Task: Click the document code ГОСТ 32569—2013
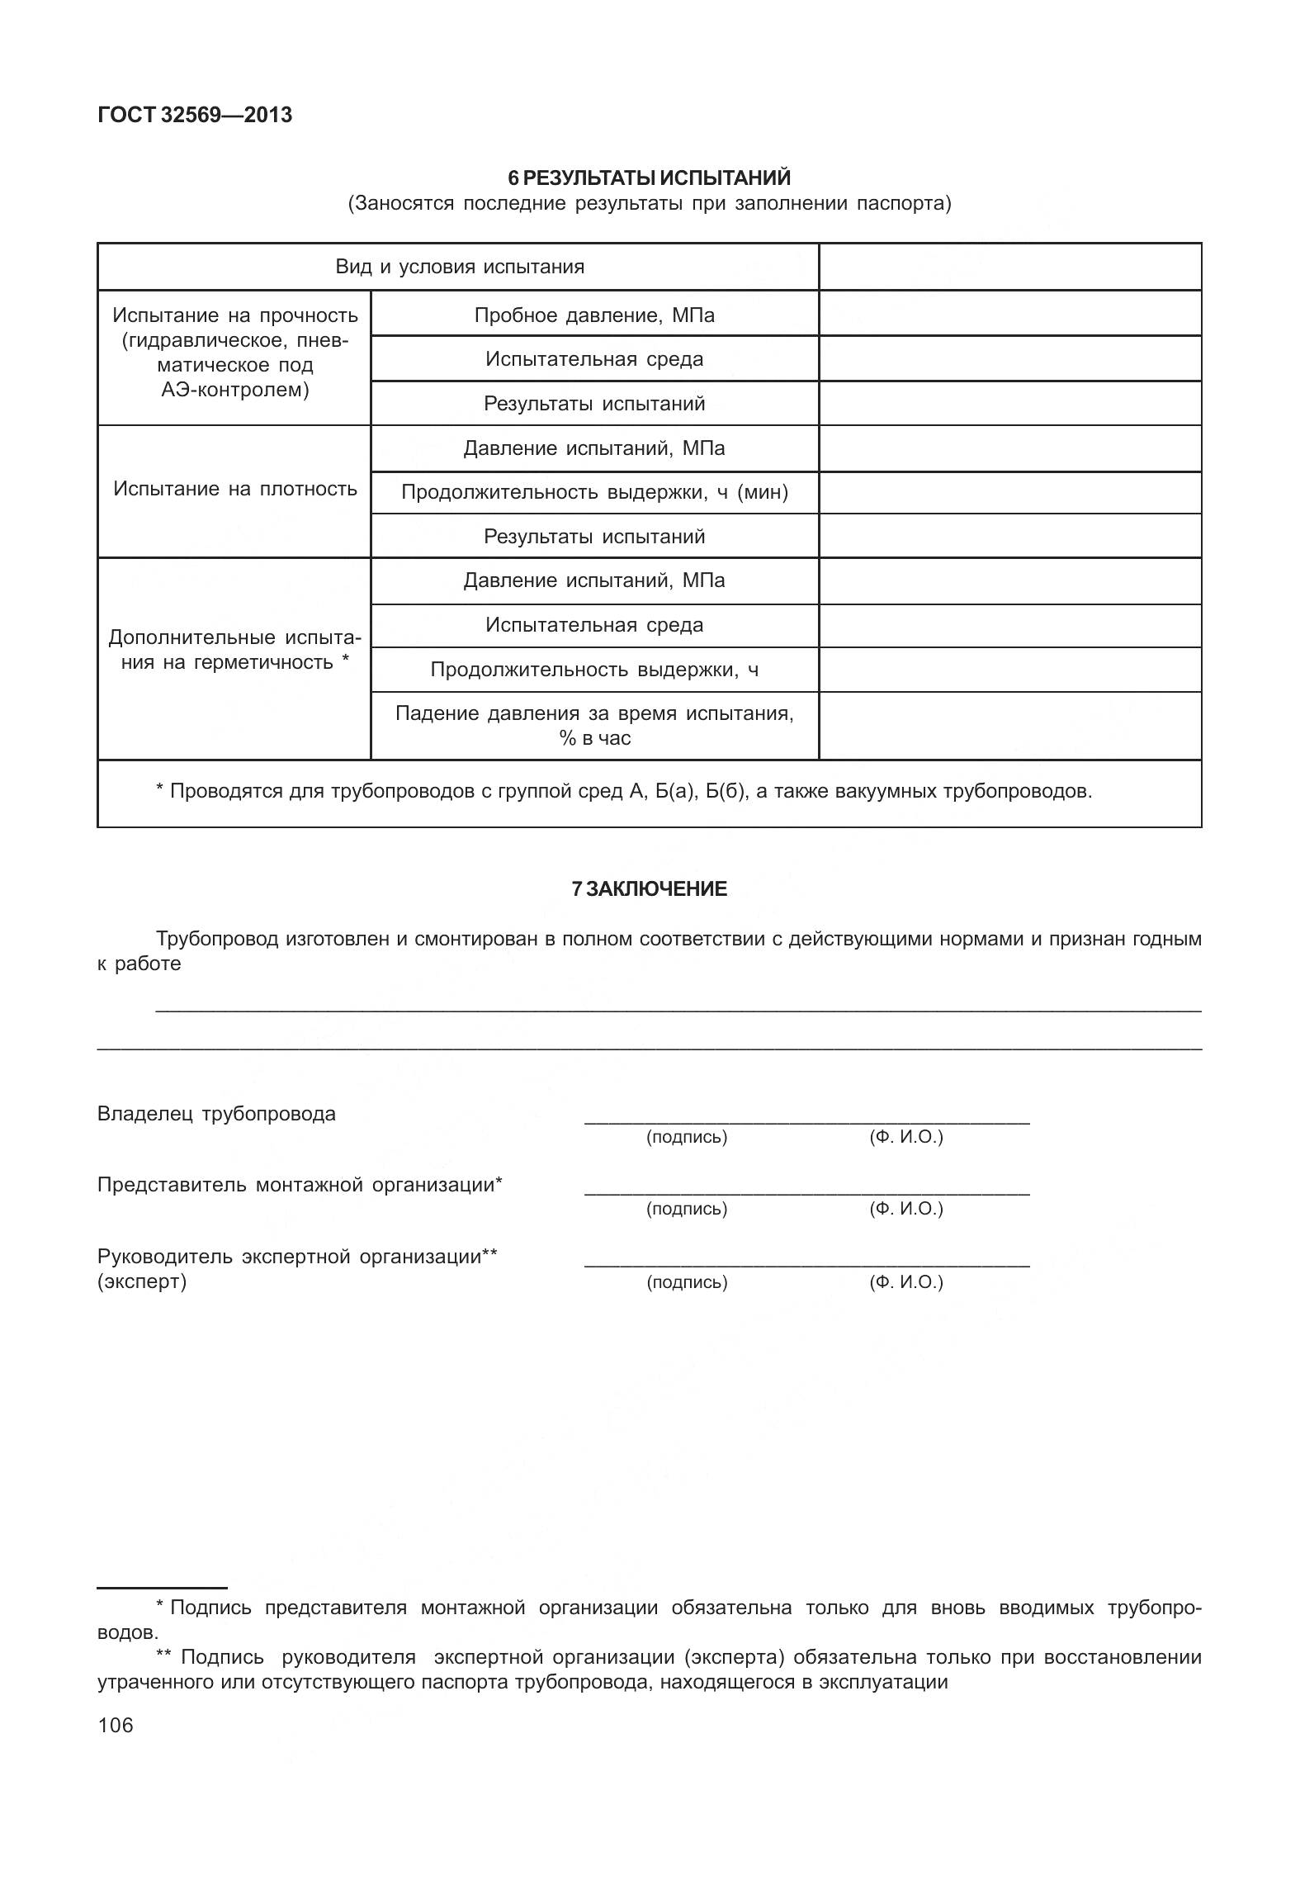click(x=195, y=115)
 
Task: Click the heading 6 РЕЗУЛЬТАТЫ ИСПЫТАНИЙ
click(x=649, y=178)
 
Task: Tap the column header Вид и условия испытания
click(x=459, y=267)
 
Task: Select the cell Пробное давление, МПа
click(x=594, y=315)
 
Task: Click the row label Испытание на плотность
click(x=234, y=488)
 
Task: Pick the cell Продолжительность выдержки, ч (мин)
click(x=594, y=492)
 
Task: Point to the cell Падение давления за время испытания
click(x=594, y=725)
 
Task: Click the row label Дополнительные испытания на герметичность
click(x=234, y=649)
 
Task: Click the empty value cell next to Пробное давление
click(x=1009, y=314)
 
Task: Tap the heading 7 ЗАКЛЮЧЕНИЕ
click(x=649, y=888)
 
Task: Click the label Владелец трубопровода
click(x=216, y=1113)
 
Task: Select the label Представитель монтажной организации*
click(x=300, y=1184)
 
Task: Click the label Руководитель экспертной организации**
click(x=297, y=1256)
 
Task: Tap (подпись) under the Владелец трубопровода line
click(x=686, y=1137)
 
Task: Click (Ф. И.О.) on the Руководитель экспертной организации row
click(x=905, y=1281)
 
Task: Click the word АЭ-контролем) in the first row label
click(x=234, y=390)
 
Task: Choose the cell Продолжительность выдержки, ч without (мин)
click(x=594, y=669)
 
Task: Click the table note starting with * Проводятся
click(x=623, y=791)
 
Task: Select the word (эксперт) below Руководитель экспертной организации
click(x=142, y=1281)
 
